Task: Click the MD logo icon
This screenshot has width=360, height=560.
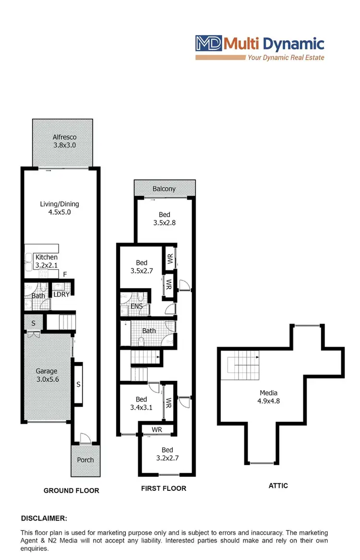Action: (x=208, y=44)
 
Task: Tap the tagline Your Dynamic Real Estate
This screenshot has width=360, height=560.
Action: (x=286, y=58)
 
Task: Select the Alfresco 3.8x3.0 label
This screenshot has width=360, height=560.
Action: (x=64, y=141)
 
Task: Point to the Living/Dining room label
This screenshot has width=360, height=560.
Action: (x=59, y=207)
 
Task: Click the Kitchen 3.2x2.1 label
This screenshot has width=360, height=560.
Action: (x=47, y=261)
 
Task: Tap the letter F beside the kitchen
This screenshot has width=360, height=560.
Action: (x=65, y=274)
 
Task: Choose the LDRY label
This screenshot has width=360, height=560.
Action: (x=61, y=294)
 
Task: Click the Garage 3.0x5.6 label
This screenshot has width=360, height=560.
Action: (x=47, y=375)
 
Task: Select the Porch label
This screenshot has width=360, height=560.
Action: (x=85, y=460)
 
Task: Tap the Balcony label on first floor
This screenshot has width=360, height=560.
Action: (x=164, y=189)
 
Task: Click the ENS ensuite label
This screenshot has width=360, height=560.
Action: (x=136, y=306)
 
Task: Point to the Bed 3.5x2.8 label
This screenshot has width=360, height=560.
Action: (x=164, y=219)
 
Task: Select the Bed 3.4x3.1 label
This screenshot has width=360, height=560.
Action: (x=141, y=403)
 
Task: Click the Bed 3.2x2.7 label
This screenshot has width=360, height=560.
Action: (x=167, y=454)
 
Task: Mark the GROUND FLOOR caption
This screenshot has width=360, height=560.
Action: (x=72, y=490)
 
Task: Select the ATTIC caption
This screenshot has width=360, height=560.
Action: (x=278, y=486)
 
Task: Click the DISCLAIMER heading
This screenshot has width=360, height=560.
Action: (x=44, y=518)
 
